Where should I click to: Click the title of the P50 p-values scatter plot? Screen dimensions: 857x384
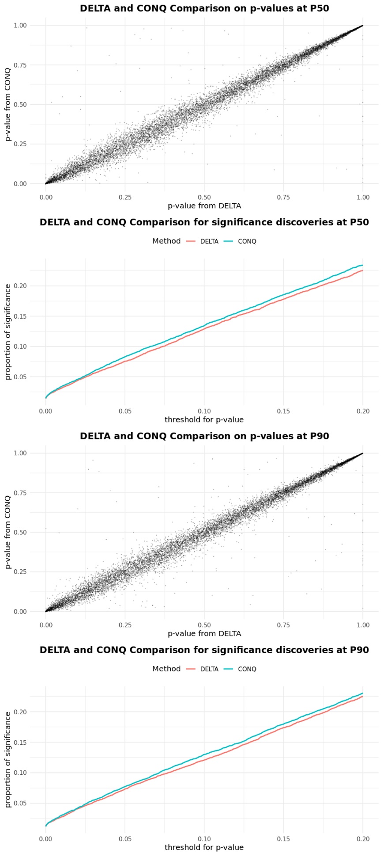click(204, 8)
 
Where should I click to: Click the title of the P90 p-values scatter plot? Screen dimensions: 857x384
click(204, 436)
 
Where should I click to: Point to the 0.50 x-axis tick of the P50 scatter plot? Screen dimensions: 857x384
click(204, 198)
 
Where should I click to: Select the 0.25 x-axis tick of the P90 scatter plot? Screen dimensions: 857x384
click(125, 625)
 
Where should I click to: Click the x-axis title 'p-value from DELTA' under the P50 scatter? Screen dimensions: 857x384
click(204, 206)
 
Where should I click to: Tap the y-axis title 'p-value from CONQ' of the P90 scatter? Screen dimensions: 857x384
click(8, 532)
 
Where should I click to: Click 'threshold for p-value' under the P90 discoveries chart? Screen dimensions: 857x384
click(204, 848)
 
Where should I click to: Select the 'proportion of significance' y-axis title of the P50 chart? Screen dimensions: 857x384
click(8, 331)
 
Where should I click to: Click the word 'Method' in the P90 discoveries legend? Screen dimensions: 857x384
click(166, 669)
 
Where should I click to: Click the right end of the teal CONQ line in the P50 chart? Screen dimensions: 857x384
click(362, 266)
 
